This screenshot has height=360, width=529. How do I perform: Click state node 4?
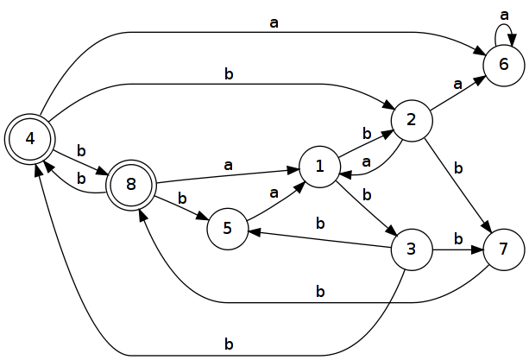[x=30, y=139]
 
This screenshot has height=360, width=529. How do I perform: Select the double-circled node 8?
[x=131, y=185]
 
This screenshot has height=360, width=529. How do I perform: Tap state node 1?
[x=319, y=167]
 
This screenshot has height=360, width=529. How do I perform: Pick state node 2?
[x=412, y=121]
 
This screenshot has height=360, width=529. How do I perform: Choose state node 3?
[x=412, y=250]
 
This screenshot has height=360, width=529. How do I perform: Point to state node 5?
[x=228, y=229]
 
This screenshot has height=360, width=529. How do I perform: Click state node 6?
[x=504, y=65]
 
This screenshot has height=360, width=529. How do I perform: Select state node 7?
[x=504, y=250]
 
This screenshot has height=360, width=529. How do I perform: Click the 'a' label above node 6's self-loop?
[x=504, y=16]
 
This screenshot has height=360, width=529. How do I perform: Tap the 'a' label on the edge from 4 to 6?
[x=274, y=23]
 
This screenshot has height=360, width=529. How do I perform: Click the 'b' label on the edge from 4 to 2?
[x=229, y=74]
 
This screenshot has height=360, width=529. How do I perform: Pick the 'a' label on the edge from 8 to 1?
[x=229, y=166]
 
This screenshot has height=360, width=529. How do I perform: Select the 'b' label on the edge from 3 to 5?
[x=320, y=223]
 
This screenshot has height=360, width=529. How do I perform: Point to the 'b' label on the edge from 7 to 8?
[x=320, y=291]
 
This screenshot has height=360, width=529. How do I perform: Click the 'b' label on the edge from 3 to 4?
[x=229, y=344]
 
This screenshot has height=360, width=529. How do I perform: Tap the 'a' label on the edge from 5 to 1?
[x=274, y=193]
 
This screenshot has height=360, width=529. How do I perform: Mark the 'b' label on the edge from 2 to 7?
[x=458, y=168]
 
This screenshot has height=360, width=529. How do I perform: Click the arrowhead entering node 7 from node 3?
[x=477, y=250]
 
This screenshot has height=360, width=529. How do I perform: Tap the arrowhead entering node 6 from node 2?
[x=480, y=80]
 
